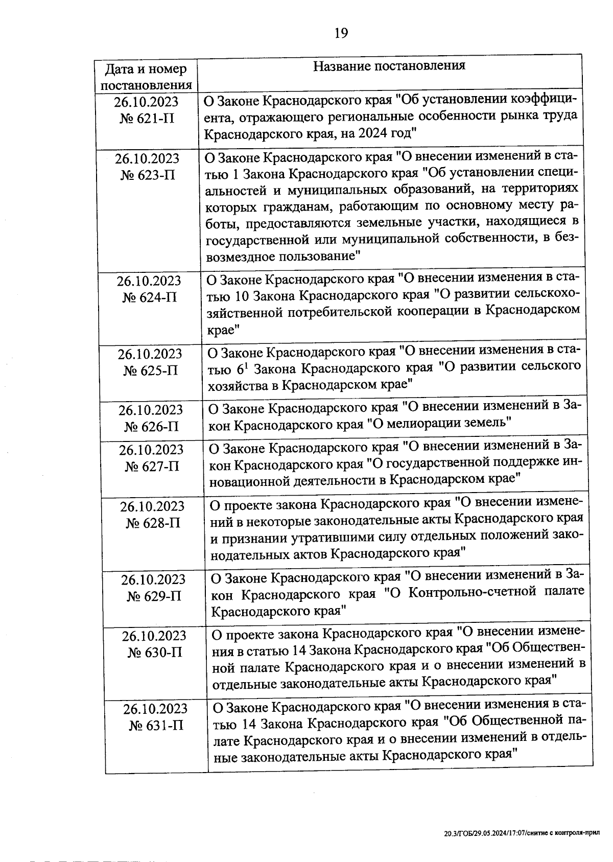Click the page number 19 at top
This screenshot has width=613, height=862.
coord(341,33)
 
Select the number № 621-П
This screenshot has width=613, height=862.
coord(147,119)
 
